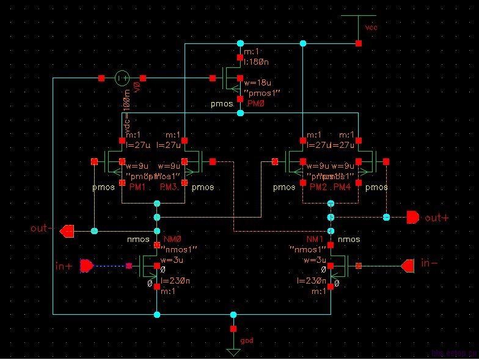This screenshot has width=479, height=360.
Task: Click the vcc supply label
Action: (371, 28)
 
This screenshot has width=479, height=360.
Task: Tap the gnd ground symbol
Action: (233, 351)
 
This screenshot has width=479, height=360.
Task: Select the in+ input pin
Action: (87, 266)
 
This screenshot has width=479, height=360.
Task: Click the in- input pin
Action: (408, 265)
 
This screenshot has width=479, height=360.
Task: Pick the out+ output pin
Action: (414, 218)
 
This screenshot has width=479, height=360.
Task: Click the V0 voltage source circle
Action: (122, 78)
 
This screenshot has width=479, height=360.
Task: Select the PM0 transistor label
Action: (265, 105)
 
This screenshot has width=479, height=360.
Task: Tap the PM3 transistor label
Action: (169, 187)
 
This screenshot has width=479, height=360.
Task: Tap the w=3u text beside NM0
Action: (172, 260)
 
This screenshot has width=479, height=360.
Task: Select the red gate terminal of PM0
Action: (212, 78)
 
